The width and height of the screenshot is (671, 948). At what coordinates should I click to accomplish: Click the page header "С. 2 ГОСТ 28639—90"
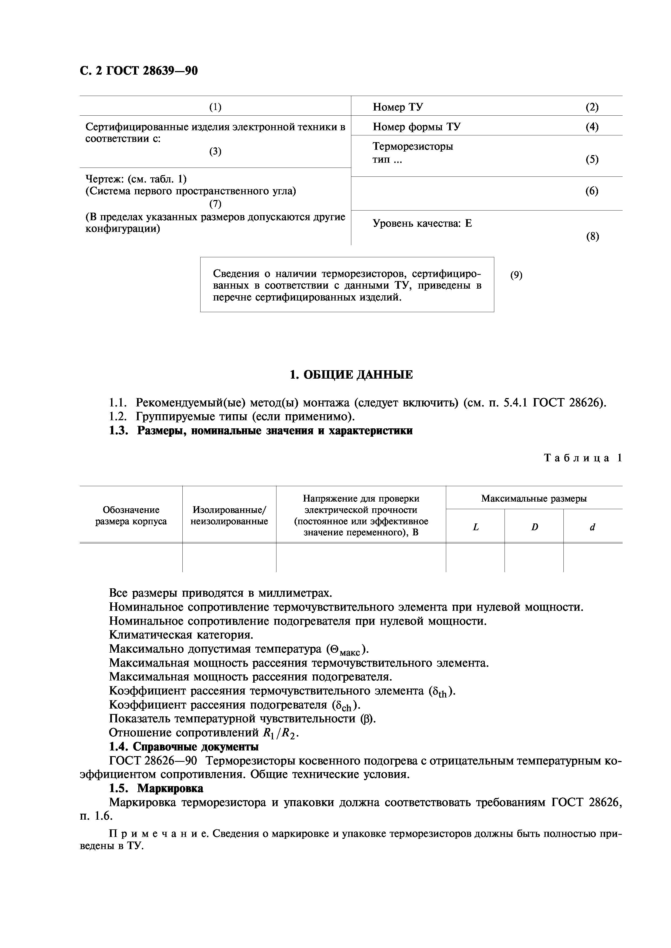point(139,71)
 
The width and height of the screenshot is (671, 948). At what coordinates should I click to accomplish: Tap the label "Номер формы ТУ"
point(416,126)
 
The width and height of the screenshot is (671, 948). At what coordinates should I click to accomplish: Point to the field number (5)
point(592,159)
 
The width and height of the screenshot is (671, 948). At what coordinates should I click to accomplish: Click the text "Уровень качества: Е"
point(422,223)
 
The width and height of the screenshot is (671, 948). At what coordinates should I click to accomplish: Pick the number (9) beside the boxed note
point(516,275)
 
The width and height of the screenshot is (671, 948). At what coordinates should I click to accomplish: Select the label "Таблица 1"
point(583,458)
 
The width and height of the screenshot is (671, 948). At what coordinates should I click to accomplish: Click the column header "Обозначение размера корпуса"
point(131,516)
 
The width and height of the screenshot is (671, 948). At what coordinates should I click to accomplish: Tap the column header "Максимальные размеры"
point(534,498)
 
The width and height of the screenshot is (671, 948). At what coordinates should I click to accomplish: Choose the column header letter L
point(476,527)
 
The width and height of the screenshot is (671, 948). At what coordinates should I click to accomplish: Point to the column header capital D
point(534,527)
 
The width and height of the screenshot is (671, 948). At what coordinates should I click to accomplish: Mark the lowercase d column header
point(593,527)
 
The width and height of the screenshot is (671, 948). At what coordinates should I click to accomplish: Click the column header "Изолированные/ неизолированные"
point(229,516)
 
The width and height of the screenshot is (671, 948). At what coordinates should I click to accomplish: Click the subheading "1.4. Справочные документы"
point(184,747)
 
